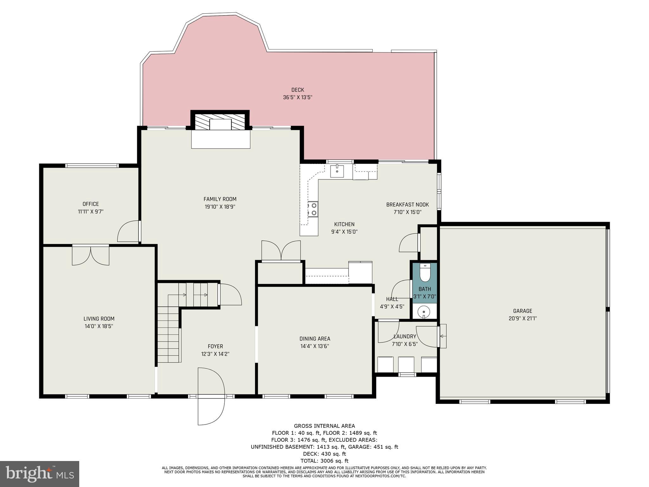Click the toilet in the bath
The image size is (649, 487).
point(425,273)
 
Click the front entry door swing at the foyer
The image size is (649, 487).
point(211,396)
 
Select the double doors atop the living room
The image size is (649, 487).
point(91,255)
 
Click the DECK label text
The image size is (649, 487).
point(298,90)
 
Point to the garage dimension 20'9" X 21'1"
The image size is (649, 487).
point(523,319)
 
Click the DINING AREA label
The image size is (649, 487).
point(315,339)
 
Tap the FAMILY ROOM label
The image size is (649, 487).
point(220,199)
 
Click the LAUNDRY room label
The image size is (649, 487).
point(405,336)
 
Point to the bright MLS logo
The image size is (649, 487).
point(40,474)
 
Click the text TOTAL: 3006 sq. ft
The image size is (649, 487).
point(324,461)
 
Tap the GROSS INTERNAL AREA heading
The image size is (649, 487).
point(324,426)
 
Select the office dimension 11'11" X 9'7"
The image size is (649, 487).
point(91,211)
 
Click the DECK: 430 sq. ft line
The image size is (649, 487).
point(324,454)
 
